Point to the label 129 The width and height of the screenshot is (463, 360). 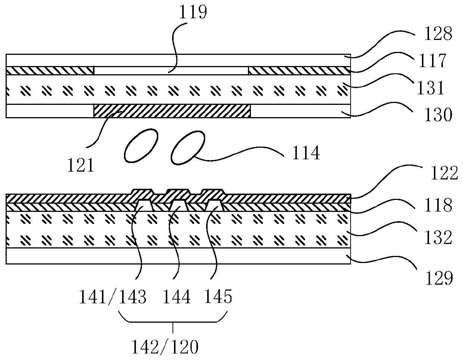pos(439,278)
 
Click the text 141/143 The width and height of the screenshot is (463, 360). pos(112,297)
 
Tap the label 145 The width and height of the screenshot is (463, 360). pos(218,297)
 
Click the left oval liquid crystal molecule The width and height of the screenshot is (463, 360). pos(139,145)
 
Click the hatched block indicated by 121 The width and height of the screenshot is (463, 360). pos(172,111)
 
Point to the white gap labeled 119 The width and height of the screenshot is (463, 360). pos(171,71)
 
